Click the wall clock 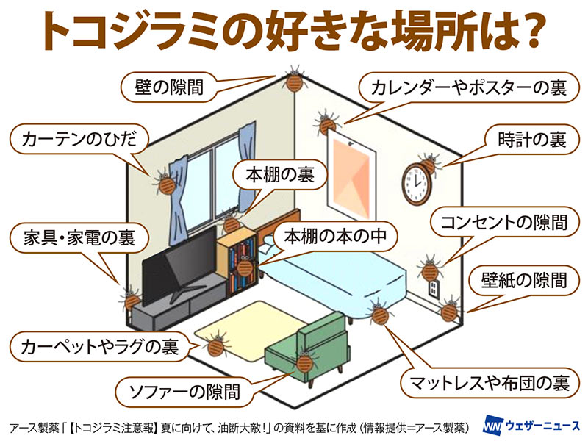coord(416,184)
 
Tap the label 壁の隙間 coord(169,87)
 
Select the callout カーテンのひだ coord(79,139)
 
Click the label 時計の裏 coord(531,140)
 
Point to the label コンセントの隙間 coord(503,222)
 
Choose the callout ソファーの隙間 coord(184,392)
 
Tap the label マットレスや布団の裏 coord(490,383)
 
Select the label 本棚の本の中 coord(335,236)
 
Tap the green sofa coord(308,348)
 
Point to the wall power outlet coord(434,289)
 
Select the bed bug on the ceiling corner coord(293,80)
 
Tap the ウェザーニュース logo coord(531,426)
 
